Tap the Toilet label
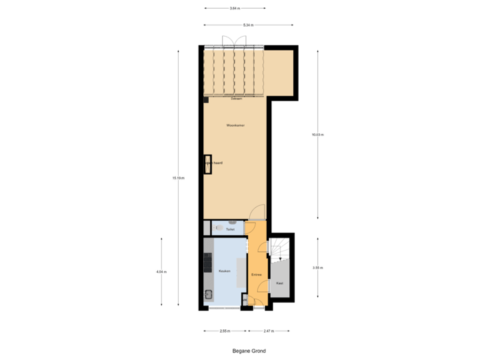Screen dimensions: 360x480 click(230, 229)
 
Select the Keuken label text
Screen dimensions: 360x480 click(225, 271)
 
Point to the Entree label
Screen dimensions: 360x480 click(256, 275)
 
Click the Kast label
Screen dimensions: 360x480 click(279, 283)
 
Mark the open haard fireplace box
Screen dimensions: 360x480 click(208, 163)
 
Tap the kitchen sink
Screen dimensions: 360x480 click(209, 294)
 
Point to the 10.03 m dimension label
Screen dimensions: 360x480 click(317, 134)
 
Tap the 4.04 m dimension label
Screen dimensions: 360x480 click(161, 271)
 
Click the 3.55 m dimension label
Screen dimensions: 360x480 click(317, 267)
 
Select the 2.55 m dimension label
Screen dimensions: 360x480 click(225, 331)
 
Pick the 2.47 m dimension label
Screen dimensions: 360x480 click(268, 331)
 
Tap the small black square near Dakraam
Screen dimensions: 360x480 click(206, 100)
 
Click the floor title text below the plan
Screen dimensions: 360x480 click(248, 349)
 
